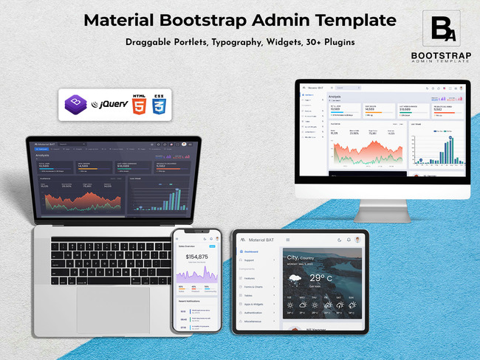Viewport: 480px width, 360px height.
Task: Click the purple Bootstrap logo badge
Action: tap(75, 103)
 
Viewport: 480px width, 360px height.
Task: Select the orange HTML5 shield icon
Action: tap(139, 104)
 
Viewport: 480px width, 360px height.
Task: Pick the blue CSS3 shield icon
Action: tap(158, 104)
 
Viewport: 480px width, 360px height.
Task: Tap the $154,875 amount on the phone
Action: tap(193, 257)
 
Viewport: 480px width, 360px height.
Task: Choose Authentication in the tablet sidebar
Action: tap(261, 312)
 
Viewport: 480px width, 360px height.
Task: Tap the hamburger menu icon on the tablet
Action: tap(288, 240)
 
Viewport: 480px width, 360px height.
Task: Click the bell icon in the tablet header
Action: tap(349, 240)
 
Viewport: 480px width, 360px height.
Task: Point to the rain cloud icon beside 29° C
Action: tap(295, 280)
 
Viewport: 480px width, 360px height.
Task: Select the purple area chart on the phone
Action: tap(196, 274)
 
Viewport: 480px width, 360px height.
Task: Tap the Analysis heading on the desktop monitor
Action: tap(335, 97)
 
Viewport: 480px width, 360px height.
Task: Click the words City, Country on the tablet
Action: tap(311, 257)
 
